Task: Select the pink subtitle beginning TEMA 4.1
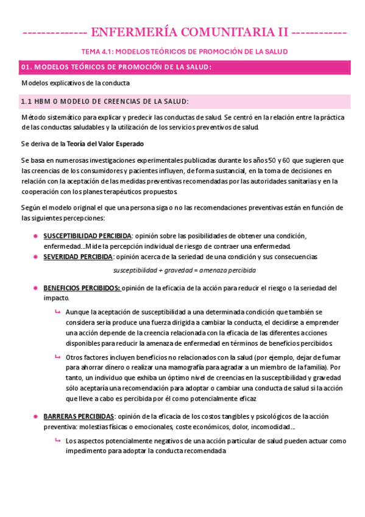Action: [x=185, y=51]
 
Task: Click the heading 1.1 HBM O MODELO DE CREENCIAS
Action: [x=105, y=101]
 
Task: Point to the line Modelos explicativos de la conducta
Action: [x=76, y=83]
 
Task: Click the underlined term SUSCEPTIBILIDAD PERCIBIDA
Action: [x=87, y=235]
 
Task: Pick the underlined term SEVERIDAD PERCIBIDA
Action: [x=77, y=257]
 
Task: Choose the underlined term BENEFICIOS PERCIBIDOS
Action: [x=82, y=288]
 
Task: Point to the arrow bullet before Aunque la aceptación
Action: [x=57, y=312]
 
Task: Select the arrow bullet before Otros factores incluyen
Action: [x=57, y=357]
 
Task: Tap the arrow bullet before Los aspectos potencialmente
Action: [x=57, y=440]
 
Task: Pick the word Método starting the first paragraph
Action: [x=34, y=116]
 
